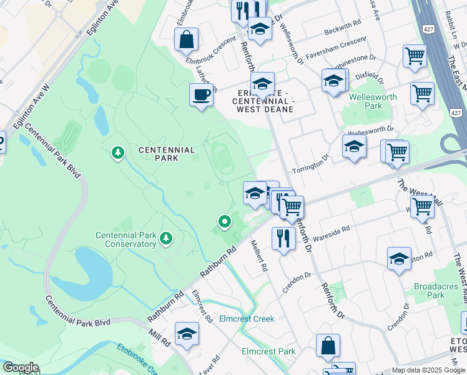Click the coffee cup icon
pyautogui.click(x=201, y=95)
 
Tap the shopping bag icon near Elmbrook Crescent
pyautogui.click(x=186, y=39)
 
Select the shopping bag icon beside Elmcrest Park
pyautogui.click(x=328, y=346)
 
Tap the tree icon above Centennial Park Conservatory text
pyautogui.click(x=166, y=237)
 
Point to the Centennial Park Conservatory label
pyautogui.click(x=125, y=240)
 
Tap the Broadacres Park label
pyautogui.click(x=438, y=291)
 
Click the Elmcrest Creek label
pyautogui.click(x=247, y=319)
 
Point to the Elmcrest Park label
pyautogui.click(x=268, y=351)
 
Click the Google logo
pyautogui.click(x=20, y=367)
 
